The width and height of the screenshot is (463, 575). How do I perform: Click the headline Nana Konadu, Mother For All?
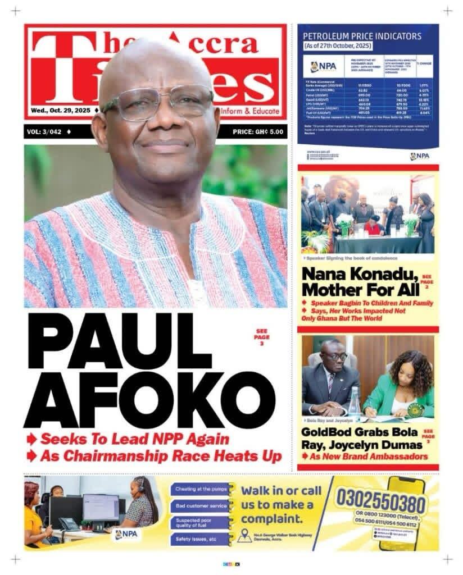pyautogui.click(x=360, y=282)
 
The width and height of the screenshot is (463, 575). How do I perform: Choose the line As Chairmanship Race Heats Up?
pyautogui.click(x=160, y=456)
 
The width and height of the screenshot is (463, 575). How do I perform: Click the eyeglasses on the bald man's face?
pyautogui.click(x=157, y=103)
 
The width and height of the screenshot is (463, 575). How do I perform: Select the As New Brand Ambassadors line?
pyautogui.click(x=368, y=457)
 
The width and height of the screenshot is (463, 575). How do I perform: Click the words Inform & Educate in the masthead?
pyautogui.click(x=254, y=110)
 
